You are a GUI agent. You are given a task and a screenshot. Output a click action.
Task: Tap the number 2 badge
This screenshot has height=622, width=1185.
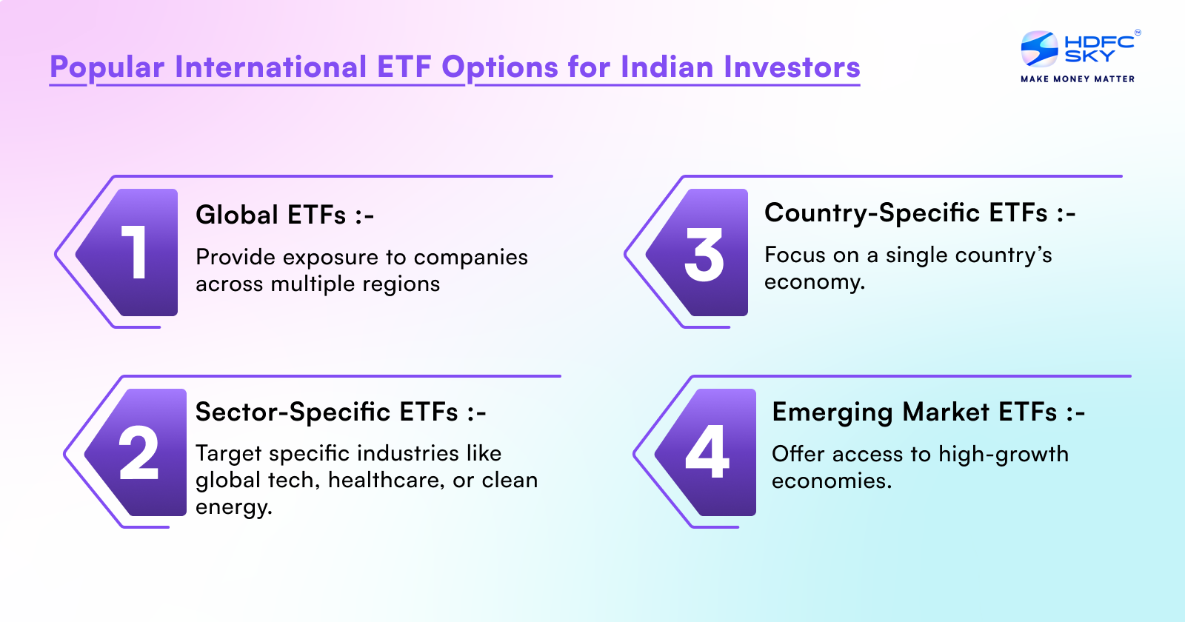[x=139, y=452]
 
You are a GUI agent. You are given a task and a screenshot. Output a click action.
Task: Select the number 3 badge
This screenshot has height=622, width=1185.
[x=703, y=253]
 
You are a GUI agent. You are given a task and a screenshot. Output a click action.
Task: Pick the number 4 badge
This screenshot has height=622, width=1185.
[x=709, y=452]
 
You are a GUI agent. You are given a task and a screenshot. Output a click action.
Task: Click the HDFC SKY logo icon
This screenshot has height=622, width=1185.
[x=1039, y=49]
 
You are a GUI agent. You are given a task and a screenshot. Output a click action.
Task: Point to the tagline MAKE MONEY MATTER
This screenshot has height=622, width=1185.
[x=1078, y=78]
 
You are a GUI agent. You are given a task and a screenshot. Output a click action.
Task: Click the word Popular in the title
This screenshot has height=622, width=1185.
[x=107, y=67]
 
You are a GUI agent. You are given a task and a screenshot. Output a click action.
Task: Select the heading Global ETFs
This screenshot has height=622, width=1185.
[x=284, y=215]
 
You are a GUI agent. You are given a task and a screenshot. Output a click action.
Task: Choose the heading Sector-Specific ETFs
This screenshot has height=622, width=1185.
[x=341, y=412]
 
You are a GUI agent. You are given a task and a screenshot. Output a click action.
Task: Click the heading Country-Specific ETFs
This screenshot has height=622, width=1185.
[x=920, y=213]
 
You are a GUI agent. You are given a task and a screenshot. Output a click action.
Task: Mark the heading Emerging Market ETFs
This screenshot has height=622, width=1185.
[x=928, y=412]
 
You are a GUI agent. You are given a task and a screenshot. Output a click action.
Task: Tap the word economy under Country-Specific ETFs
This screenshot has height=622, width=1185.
[x=814, y=282]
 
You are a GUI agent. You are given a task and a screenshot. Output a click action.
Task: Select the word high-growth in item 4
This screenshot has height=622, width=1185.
[x=1004, y=454]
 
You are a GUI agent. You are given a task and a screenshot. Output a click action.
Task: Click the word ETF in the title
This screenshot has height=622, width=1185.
[x=404, y=67]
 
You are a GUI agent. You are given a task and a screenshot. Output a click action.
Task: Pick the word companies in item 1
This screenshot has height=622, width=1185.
[x=470, y=257]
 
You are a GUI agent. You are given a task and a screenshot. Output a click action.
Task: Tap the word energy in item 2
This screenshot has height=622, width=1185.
[x=233, y=507]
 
